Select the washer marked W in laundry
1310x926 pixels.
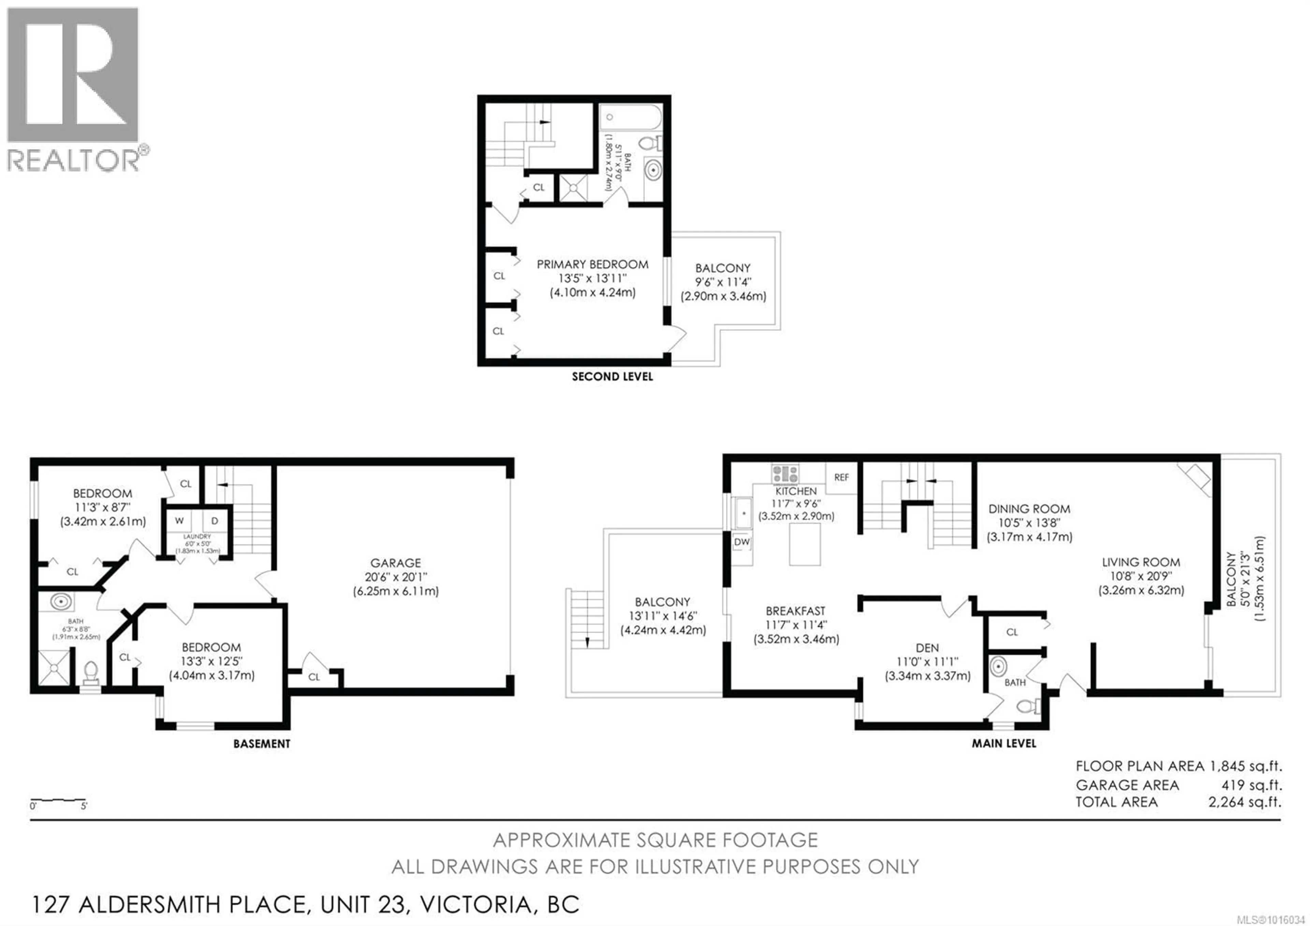point(179,521)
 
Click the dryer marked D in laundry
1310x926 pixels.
point(215,521)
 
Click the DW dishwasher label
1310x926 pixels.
point(742,542)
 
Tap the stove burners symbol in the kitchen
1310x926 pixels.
point(785,473)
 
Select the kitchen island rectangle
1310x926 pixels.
point(804,544)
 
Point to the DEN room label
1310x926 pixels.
point(927,648)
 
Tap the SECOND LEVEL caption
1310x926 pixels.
point(612,377)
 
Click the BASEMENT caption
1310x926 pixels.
point(262,744)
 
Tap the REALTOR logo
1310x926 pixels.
point(73,88)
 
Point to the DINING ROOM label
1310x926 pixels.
point(1029,509)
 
